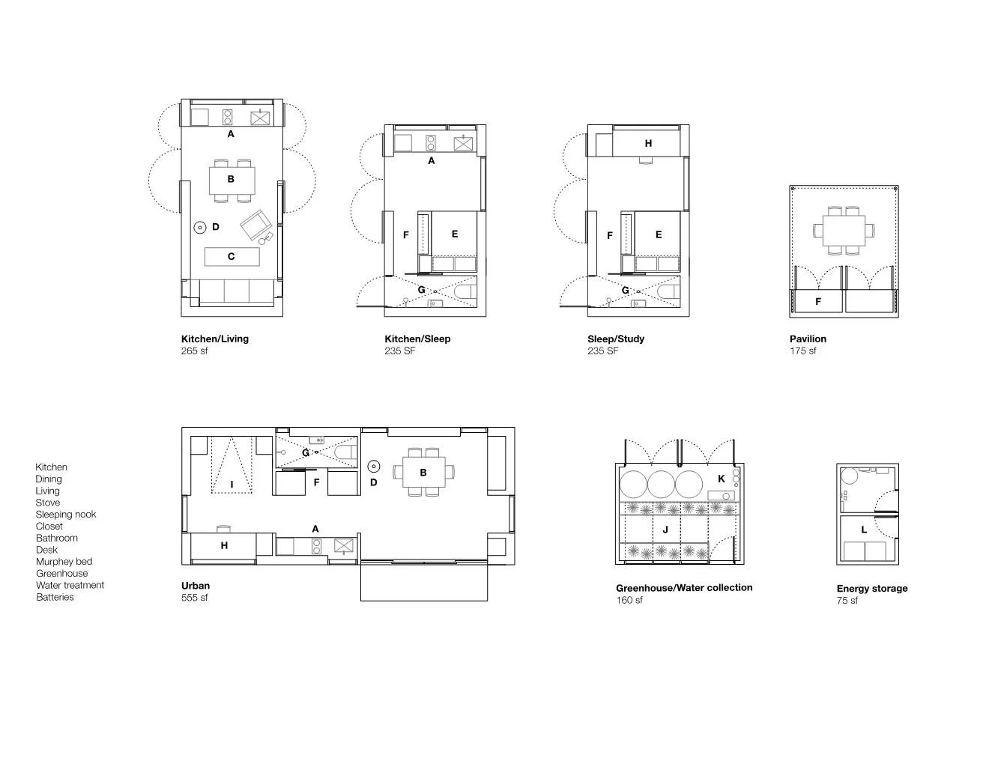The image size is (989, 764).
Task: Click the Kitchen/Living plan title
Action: (214, 339)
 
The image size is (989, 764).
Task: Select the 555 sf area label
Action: (194, 598)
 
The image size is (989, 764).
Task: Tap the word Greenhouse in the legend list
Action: (61, 574)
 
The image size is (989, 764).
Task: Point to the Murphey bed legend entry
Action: (64, 562)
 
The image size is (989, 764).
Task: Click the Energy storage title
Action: (871, 589)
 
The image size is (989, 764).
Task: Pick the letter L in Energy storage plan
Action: (864, 530)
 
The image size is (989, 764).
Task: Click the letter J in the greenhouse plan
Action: (665, 530)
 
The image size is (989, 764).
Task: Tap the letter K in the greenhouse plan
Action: (722, 479)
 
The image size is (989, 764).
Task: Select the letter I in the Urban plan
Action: (232, 485)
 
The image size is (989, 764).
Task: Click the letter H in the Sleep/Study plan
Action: (648, 143)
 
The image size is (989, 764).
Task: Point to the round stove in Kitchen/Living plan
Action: (200, 227)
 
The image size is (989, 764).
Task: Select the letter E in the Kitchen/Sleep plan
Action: (455, 234)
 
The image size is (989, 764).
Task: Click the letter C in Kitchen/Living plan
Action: (231, 257)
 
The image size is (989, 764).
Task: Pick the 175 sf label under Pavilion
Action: (802, 351)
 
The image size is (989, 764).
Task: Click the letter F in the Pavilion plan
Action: (818, 302)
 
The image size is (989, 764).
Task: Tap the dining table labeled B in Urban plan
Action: (423, 473)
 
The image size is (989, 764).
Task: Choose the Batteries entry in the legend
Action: (55, 598)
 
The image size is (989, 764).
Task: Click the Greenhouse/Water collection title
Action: (683, 588)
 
